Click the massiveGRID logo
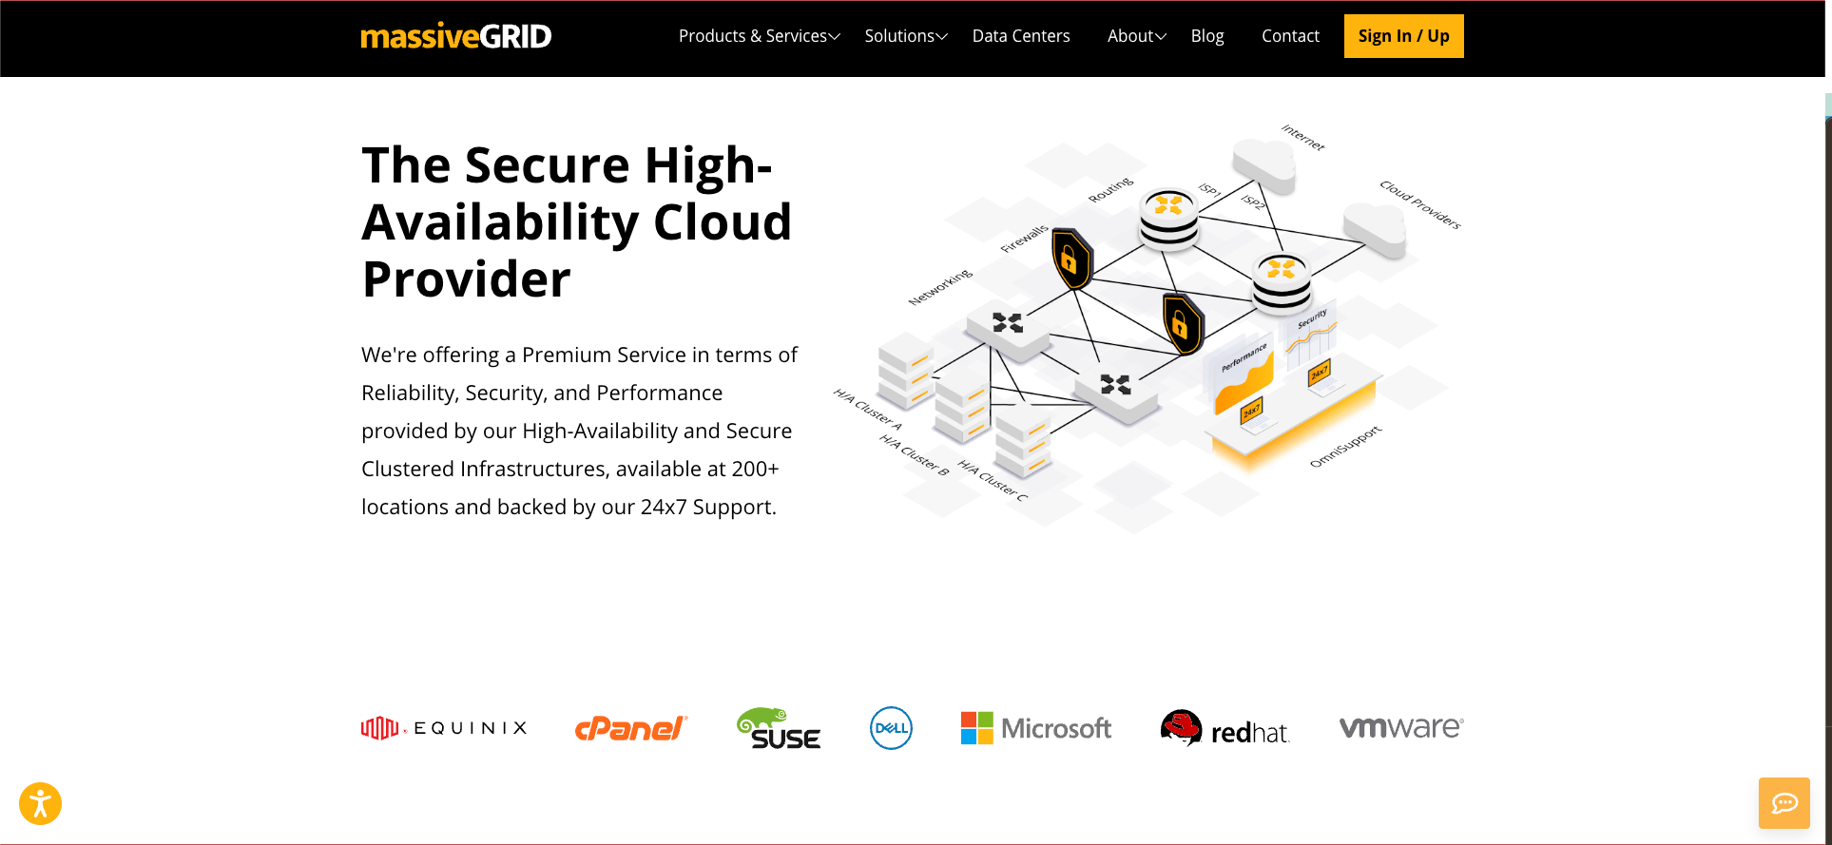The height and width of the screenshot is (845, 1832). (455, 36)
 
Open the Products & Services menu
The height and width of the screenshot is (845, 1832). (759, 36)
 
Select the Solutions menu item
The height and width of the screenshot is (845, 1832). (905, 36)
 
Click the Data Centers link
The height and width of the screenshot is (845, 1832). (1021, 36)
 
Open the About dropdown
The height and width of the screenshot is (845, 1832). (1136, 36)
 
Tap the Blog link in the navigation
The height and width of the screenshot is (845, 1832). (1207, 36)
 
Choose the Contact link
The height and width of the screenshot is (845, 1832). (1290, 36)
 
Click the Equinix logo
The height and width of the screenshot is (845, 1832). (444, 728)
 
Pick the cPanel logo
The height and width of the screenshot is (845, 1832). (630, 728)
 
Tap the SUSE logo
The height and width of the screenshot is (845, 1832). (779, 729)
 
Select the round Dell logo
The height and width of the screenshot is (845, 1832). (891, 728)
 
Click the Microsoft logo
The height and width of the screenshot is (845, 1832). (1035, 728)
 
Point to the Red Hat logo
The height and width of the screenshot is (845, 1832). (1225, 729)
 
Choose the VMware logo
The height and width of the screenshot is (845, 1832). (1401, 727)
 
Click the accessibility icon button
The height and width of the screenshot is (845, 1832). (40, 803)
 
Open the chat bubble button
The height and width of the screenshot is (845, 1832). (1784, 803)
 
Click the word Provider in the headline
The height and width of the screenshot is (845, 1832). (466, 279)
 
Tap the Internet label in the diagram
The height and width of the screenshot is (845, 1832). (1302, 137)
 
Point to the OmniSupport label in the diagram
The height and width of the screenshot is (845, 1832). (1345, 447)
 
